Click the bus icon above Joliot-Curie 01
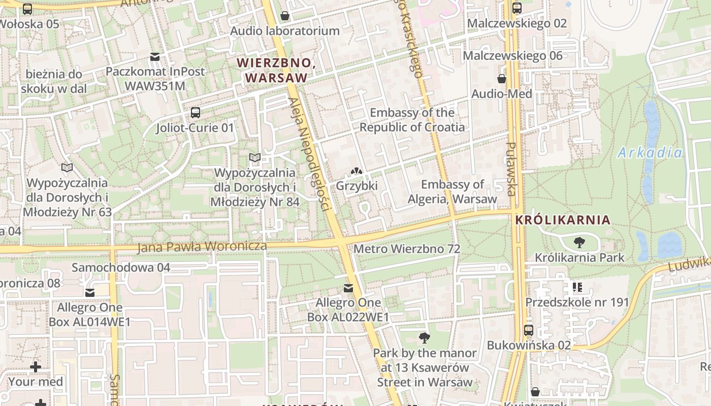(195, 112)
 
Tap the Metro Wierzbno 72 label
(407, 249)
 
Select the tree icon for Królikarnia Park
(579, 243)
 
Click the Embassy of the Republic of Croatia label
(412, 120)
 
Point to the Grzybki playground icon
(357, 172)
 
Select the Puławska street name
(511, 169)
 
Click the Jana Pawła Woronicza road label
(202, 247)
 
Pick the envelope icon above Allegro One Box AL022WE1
(348, 288)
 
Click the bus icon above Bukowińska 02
(528, 330)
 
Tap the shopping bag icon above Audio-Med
(502, 79)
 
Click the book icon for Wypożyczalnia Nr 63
(67, 167)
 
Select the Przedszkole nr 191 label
(577, 302)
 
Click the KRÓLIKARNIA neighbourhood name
(562, 220)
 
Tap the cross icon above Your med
(35, 366)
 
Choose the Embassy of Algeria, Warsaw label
(453, 191)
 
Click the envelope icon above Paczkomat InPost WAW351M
(154, 56)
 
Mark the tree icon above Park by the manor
(425, 337)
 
